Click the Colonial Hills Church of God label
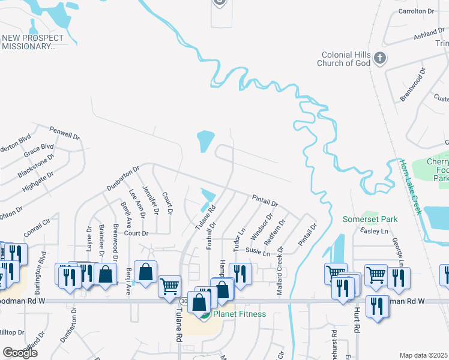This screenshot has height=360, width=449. click(x=343, y=59)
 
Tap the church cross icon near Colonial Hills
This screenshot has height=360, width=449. click(x=379, y=58)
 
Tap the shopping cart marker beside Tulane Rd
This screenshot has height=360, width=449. click(x=170, y=286)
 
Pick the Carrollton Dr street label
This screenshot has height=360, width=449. click(x=415, y=11)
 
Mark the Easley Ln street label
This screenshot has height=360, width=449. click(x=370, y=231)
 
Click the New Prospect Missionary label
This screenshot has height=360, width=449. click(x=32, y=42)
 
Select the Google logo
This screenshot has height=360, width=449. click(x=20, y=353)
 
